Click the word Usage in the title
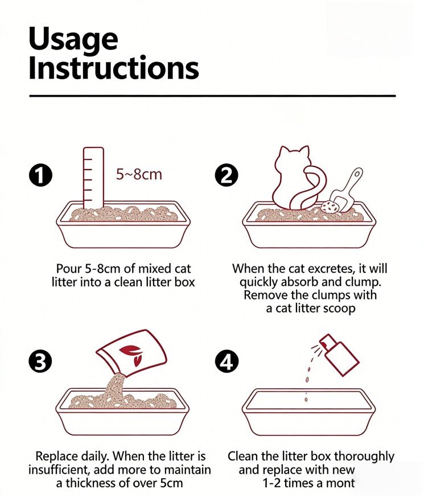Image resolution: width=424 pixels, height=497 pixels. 73,40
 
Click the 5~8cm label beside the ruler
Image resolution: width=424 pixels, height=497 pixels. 139,174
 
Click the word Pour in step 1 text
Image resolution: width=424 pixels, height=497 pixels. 69,269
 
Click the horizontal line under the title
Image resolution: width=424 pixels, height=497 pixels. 212,96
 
